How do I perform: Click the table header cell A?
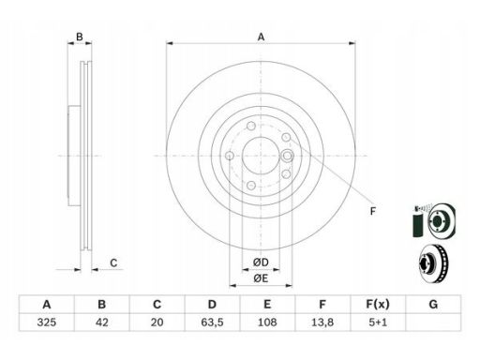(47, 304)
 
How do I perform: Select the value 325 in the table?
(47, 322)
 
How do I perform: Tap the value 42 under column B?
(102, 322)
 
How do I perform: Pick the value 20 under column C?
(157, 322)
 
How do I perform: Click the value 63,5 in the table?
(212, 322)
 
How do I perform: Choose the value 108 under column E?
(267, 322)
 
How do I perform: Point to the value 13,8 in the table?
(322, 322)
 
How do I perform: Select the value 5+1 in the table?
(378, 322)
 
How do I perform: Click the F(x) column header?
(378, 304)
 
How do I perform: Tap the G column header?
(433, 304)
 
